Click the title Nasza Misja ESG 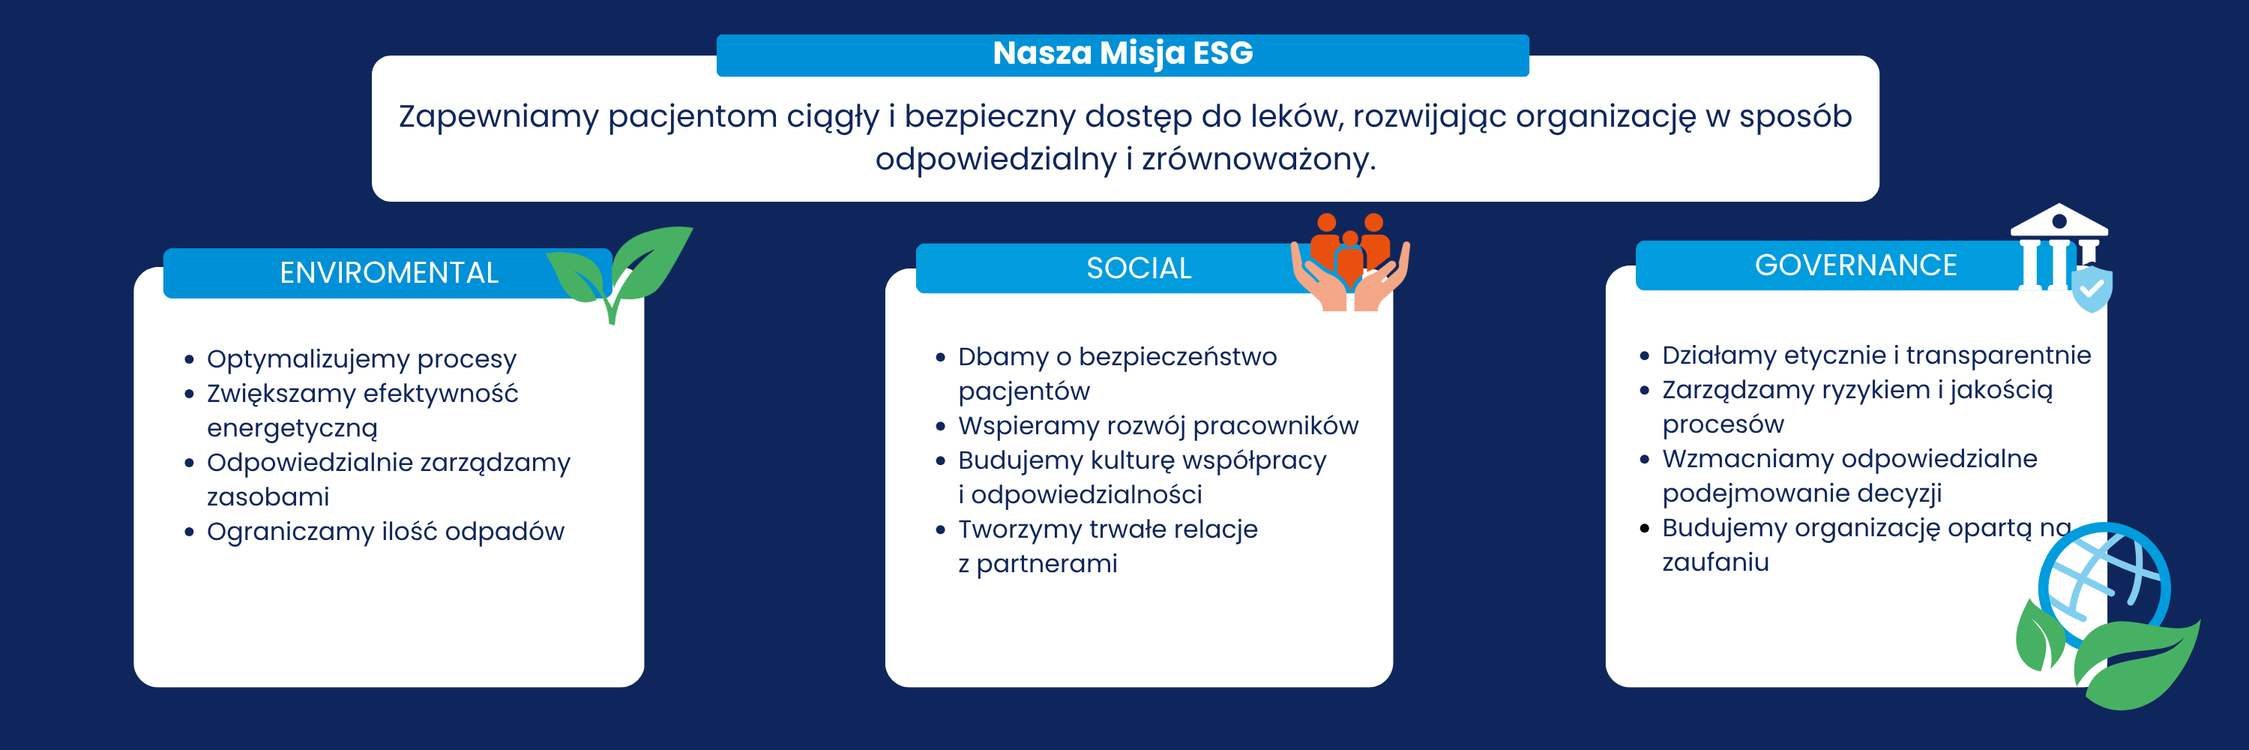1123,54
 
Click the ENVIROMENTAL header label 388,273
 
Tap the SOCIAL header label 1139,268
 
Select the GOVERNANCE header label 1855,265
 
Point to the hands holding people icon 1349,262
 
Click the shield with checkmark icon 2092,289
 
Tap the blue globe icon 2105,585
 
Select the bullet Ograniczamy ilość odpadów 385,532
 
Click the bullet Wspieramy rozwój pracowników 1157,426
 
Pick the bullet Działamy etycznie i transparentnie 1876,355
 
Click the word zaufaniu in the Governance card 1714,562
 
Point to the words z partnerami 1038,564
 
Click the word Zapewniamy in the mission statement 499,117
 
